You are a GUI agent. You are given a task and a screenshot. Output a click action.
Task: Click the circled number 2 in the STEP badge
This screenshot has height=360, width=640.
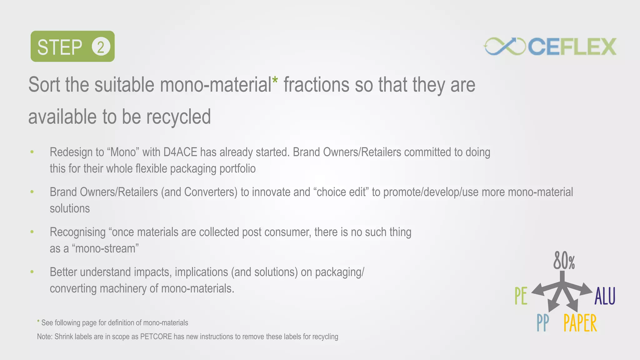(101, 47)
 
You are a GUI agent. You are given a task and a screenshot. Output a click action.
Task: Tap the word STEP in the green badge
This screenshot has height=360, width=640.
(60, 47)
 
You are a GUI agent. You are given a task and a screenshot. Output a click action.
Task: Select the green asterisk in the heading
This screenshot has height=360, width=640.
(275, 80)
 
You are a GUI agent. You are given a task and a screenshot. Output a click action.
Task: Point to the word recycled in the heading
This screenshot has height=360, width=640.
(178, 117)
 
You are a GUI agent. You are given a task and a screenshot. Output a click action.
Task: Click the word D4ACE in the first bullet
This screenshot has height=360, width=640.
(180, 152)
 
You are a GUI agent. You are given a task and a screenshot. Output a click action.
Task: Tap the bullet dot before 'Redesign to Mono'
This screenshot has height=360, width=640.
(32, 152)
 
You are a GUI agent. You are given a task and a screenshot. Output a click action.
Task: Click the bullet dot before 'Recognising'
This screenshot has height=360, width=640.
(32, 232)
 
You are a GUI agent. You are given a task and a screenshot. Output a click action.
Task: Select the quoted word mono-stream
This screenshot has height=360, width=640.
(105, 249)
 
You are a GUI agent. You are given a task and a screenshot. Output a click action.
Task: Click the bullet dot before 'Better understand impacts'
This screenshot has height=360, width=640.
(32, 272)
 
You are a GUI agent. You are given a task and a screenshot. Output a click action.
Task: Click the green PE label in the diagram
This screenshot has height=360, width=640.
(521, 296)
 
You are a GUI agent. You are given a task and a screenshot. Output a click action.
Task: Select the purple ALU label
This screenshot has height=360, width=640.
(605, 296)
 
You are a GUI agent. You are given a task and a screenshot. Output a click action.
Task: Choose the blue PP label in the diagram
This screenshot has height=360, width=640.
(542, 323)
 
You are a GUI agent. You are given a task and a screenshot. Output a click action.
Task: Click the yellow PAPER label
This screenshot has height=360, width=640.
(580, 323)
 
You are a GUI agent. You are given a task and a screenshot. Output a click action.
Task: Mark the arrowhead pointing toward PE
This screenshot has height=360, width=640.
(537, 290)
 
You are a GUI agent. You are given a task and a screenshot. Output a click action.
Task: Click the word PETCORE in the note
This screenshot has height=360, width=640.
(156, 337)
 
